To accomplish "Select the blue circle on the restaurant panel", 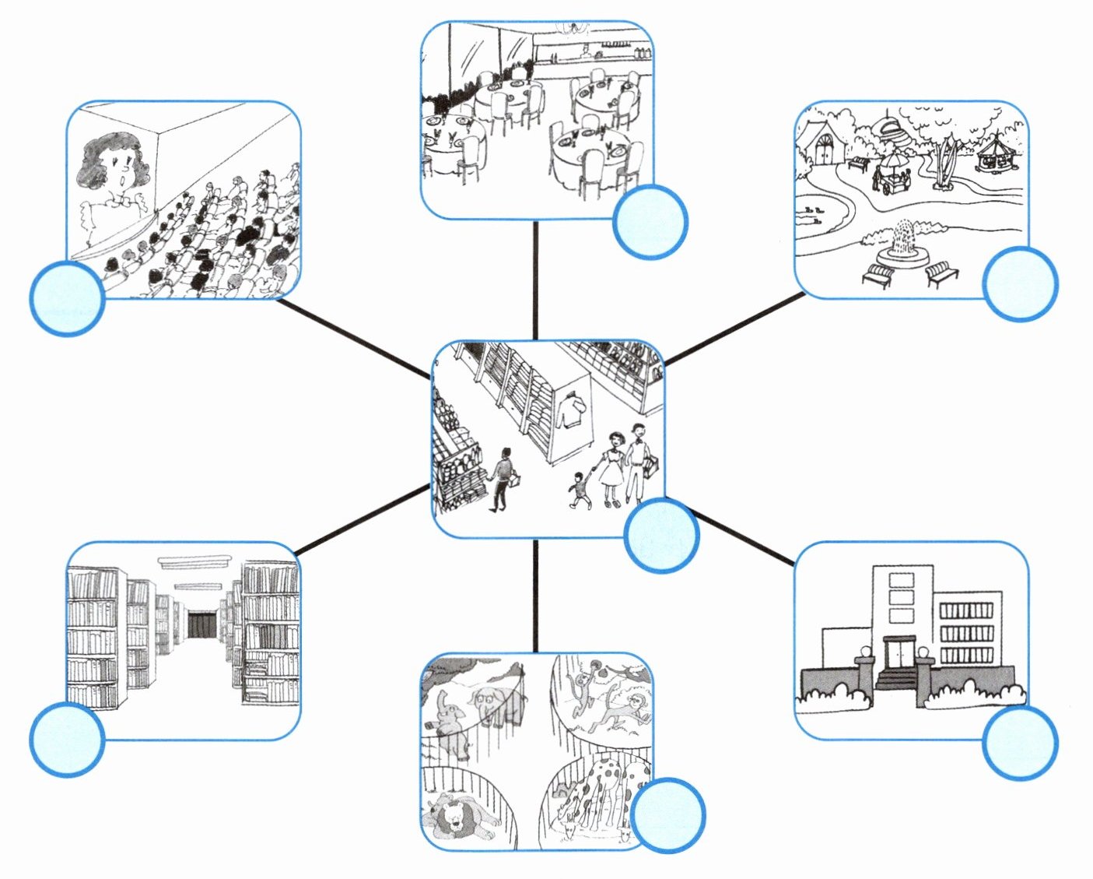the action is click(x=650, y=222).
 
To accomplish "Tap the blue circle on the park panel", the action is click(x=1020, y=283).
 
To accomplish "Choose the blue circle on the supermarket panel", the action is click(x=661, y=536).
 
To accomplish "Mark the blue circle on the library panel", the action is click(x=67, y=739).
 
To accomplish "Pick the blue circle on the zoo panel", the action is click(x=667, y=814).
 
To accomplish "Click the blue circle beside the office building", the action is click(x=1020, y=742).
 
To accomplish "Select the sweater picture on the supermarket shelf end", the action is click(x=571, y=407).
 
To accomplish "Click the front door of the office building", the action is click(x=899, y=652).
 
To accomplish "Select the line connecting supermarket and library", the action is click(x=363, y=520).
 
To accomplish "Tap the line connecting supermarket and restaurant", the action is click(x=535, y=280).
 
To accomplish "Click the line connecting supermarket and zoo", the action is click(x=535, y=596).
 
